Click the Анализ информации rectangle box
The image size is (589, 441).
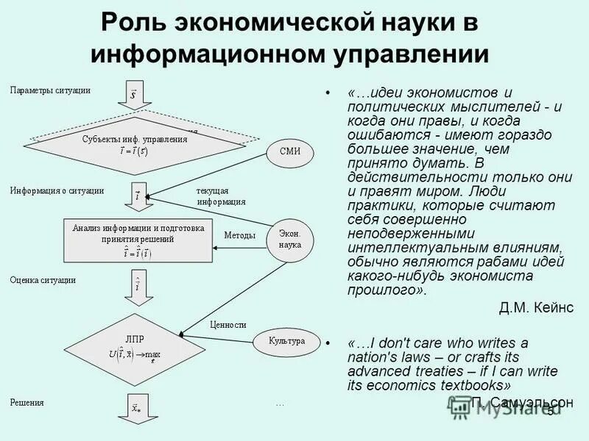pos(138,240)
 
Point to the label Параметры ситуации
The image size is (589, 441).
pos(50,90)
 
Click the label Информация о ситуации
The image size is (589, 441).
pos(57,190)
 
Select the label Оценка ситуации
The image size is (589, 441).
pos(43,280)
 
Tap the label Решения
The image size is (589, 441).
pos(27,402)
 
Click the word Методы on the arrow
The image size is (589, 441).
pos(239,235)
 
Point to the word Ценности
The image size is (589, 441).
pos(228,324)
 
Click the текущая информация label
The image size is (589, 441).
pos(221,196)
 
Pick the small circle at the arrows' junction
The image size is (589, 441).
pos(148,197)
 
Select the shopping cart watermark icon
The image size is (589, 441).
pos(461,406)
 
